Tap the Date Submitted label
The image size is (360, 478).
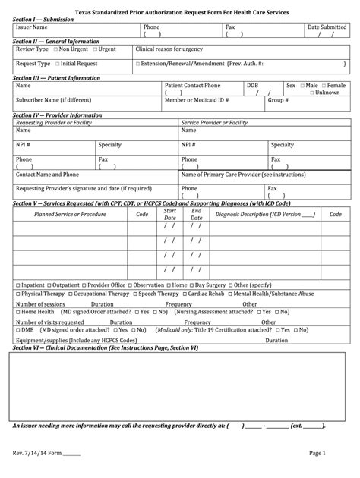pos(327,27)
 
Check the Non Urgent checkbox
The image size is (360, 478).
pos(56,49)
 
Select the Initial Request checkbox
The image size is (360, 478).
pos(56,64)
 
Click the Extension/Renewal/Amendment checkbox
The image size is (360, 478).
pos(137,64)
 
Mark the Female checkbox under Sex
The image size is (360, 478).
pos(324,86)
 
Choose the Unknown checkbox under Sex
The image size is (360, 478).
pos(311,93)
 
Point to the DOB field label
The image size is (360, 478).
pos(252,86)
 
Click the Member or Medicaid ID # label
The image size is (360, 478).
pos(197,99)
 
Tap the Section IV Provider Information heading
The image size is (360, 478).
pos(58,115)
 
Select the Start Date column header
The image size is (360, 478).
pos(170,215)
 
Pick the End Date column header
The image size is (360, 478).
pos(197,215)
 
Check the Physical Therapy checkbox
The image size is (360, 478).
pos(18,293)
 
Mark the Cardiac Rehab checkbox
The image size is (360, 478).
pos(187,293)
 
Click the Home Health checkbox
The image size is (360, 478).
pos(18,311)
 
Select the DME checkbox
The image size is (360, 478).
pos(18,330)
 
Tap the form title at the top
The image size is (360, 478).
pos(181,13)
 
